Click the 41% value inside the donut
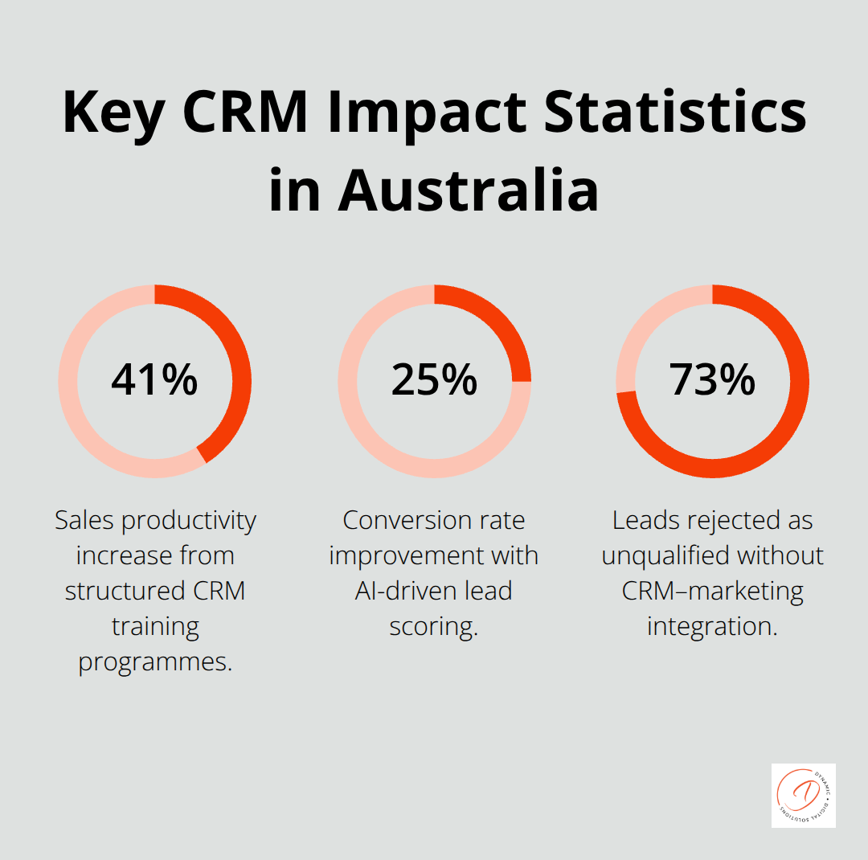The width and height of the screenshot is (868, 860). pos(154,380)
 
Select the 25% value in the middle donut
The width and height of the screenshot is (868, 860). pos(434,380)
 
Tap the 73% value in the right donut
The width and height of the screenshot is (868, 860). pos(712,380)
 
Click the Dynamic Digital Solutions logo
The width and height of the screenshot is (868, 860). pos(803,795)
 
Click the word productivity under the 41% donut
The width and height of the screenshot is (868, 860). pos(189,521)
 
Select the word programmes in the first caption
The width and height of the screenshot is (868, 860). pos(155,662)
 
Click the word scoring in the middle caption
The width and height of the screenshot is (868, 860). pos(434,627)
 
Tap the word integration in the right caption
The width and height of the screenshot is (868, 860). pos(712,627)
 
